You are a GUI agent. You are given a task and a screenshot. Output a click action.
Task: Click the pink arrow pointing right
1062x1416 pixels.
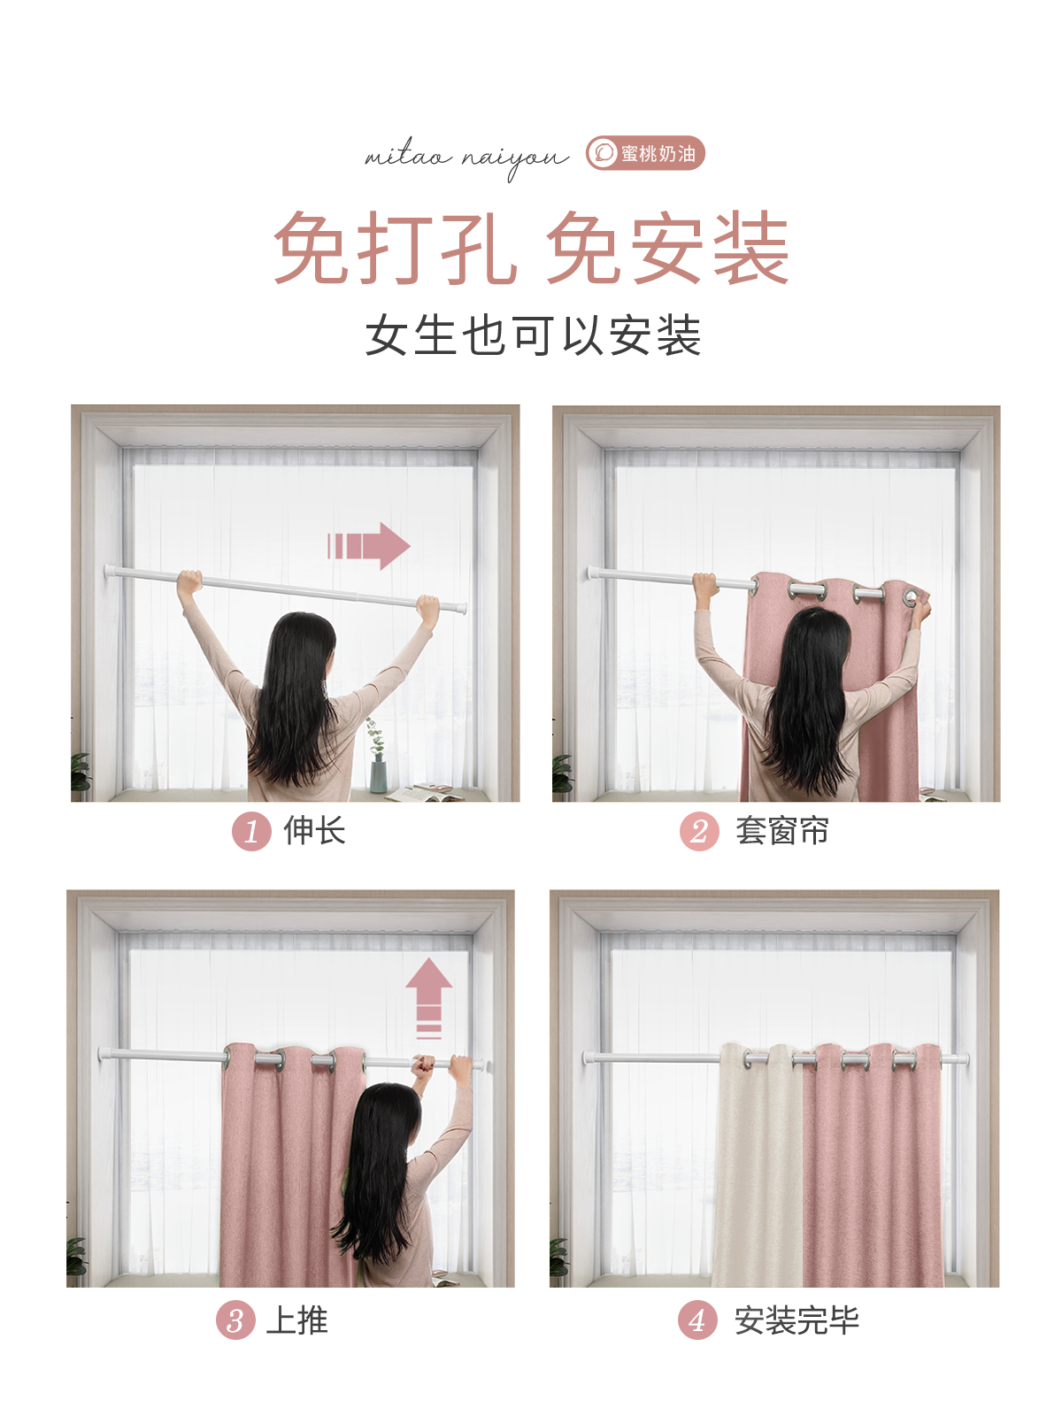[370, 545]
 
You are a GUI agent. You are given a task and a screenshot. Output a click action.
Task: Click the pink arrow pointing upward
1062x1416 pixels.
[429, 995]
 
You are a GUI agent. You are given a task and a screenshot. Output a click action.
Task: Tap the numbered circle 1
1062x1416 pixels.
[251, 832]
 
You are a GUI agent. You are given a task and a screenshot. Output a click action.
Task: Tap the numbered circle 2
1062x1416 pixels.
[699, 832]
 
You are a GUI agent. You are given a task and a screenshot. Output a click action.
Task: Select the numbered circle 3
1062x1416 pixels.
[235, 1321]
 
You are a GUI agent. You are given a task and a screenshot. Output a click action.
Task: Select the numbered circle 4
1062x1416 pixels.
[697, 1321]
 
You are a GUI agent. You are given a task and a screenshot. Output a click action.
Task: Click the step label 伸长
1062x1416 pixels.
[314, 831]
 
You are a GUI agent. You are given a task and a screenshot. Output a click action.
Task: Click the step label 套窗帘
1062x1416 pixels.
[781, 831]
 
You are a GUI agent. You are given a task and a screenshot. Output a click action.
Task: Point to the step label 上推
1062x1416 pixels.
[297, 1320]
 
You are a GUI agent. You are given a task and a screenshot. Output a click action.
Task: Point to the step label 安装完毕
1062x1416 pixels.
[796, 1320]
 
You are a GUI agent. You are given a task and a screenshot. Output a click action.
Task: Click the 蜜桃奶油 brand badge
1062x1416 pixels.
[645, 153]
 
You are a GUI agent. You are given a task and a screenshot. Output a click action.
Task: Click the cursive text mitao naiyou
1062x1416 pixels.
[466, 158]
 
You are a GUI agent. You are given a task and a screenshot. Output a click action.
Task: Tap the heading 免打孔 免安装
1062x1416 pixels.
[531, 249]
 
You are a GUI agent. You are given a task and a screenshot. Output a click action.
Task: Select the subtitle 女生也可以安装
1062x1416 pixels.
[533, 336]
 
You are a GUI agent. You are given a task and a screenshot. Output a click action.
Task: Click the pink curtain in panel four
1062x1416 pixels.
[872, 1168]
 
